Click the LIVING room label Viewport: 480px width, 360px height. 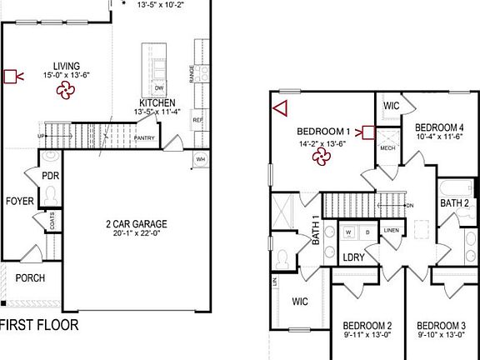(66, 65)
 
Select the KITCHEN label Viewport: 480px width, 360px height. (157, 103)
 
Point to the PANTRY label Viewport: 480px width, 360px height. (144, 138)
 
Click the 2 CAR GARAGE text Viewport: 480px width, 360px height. (137, 224)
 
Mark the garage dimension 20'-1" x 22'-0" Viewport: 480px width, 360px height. (137, 235)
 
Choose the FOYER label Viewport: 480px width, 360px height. (19, 202)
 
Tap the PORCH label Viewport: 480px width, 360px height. (31, 278)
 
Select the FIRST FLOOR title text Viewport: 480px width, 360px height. (40, 325)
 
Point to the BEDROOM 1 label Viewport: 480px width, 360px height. (324, 132)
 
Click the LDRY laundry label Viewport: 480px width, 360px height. (354, 257)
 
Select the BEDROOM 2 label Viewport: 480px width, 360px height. (367, 325)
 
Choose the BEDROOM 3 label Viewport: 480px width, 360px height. (441, 325)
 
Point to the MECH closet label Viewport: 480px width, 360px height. (387, 148)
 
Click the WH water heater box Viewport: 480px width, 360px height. (201, 159)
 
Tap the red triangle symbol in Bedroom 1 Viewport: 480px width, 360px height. (280, 107)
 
